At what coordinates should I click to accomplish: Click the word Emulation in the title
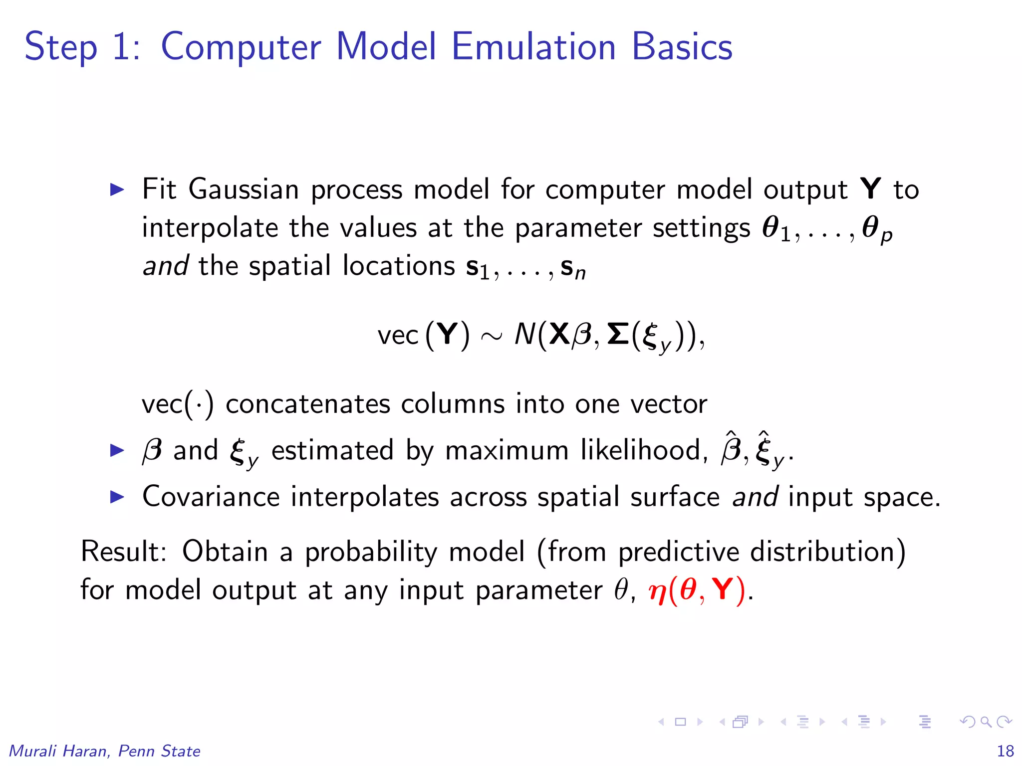coord(533,46)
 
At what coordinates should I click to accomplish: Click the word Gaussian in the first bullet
coord(244,190)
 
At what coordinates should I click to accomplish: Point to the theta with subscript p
coord(876,229)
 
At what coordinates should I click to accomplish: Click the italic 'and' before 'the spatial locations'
coord(165,265)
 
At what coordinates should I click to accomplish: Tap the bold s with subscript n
coord(572,268)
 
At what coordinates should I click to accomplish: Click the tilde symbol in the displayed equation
coord(492,337)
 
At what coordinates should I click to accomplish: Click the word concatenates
coord(307,403)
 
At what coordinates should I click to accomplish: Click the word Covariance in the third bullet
coord(211,497)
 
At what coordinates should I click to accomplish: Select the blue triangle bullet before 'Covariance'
coord(117,497)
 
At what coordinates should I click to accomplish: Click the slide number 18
coord(1005,751)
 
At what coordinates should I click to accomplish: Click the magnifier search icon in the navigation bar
coord(986,722)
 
